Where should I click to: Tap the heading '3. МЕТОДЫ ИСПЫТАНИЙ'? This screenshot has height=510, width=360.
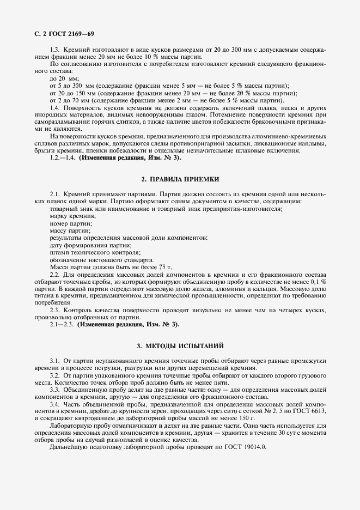tap(180, 346)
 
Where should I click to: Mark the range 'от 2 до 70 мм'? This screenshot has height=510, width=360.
tap(70, 101)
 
